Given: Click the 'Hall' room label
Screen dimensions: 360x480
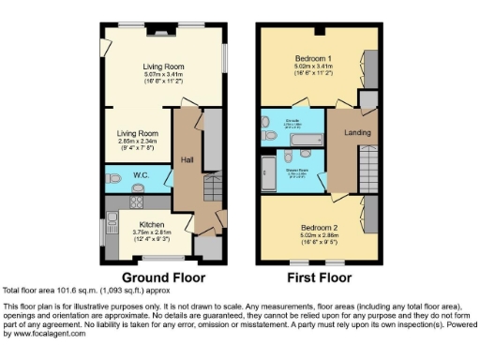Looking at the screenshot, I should (187, 160).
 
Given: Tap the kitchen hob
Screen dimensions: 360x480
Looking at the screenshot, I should (137, 200).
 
